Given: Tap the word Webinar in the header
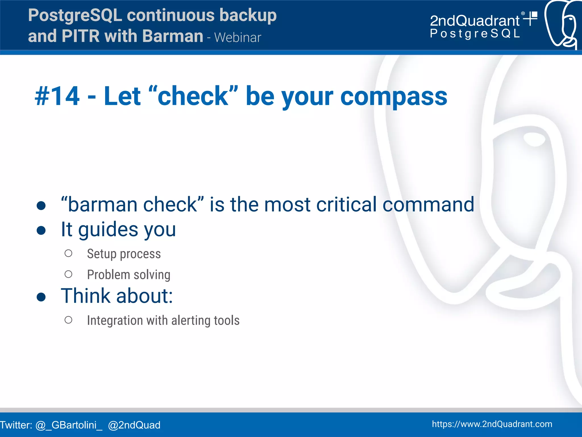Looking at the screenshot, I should (238, 38).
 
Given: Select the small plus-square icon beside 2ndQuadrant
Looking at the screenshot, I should (531, 18).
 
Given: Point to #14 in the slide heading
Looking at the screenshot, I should (57, 96).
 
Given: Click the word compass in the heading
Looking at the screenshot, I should (394, 96).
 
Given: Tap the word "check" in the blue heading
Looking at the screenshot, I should (193, 96).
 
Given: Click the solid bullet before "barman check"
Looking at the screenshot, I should (41, 206).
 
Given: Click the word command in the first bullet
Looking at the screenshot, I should (428, 204).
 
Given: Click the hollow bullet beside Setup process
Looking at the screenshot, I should (68, 253).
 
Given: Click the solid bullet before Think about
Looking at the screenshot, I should (41, 297).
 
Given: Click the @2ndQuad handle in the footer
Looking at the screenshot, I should (134, 425).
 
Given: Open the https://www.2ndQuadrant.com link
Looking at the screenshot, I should (492, 424).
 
